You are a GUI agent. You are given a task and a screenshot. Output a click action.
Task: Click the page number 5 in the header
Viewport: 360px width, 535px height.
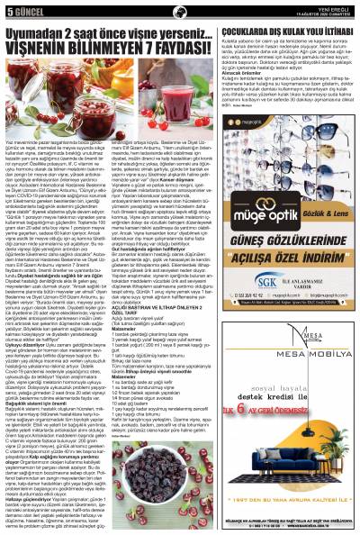7,10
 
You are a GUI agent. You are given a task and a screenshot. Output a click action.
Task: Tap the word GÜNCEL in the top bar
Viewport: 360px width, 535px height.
28,10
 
